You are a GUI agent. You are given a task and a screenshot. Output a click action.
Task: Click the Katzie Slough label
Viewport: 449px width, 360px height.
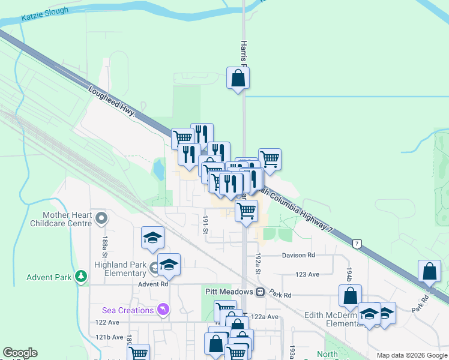point(45,14)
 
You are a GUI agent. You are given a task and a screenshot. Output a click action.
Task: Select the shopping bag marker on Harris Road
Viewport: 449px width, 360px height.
point(238,78)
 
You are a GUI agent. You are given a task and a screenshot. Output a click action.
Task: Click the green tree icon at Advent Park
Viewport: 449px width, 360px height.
point(80,277)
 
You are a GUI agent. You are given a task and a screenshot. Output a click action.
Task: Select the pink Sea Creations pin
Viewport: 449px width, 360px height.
point(162,310)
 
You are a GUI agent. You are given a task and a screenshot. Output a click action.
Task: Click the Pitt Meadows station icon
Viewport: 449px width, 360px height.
point(260,292)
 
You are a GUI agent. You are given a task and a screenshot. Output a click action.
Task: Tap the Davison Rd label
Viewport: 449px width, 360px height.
point(298,256)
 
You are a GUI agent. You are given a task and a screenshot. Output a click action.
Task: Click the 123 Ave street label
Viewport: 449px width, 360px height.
point(308,274)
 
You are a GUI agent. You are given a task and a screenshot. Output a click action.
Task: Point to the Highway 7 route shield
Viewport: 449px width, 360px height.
point(357,244)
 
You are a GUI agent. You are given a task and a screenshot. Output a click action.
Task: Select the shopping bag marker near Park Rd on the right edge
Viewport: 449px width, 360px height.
point(430,271)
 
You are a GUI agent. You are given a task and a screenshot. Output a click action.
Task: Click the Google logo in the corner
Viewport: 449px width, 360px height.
point(20,353)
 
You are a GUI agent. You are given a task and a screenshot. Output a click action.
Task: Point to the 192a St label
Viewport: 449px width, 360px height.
point(258,263)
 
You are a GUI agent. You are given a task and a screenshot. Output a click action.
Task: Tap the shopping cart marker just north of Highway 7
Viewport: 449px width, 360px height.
point(270,160)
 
